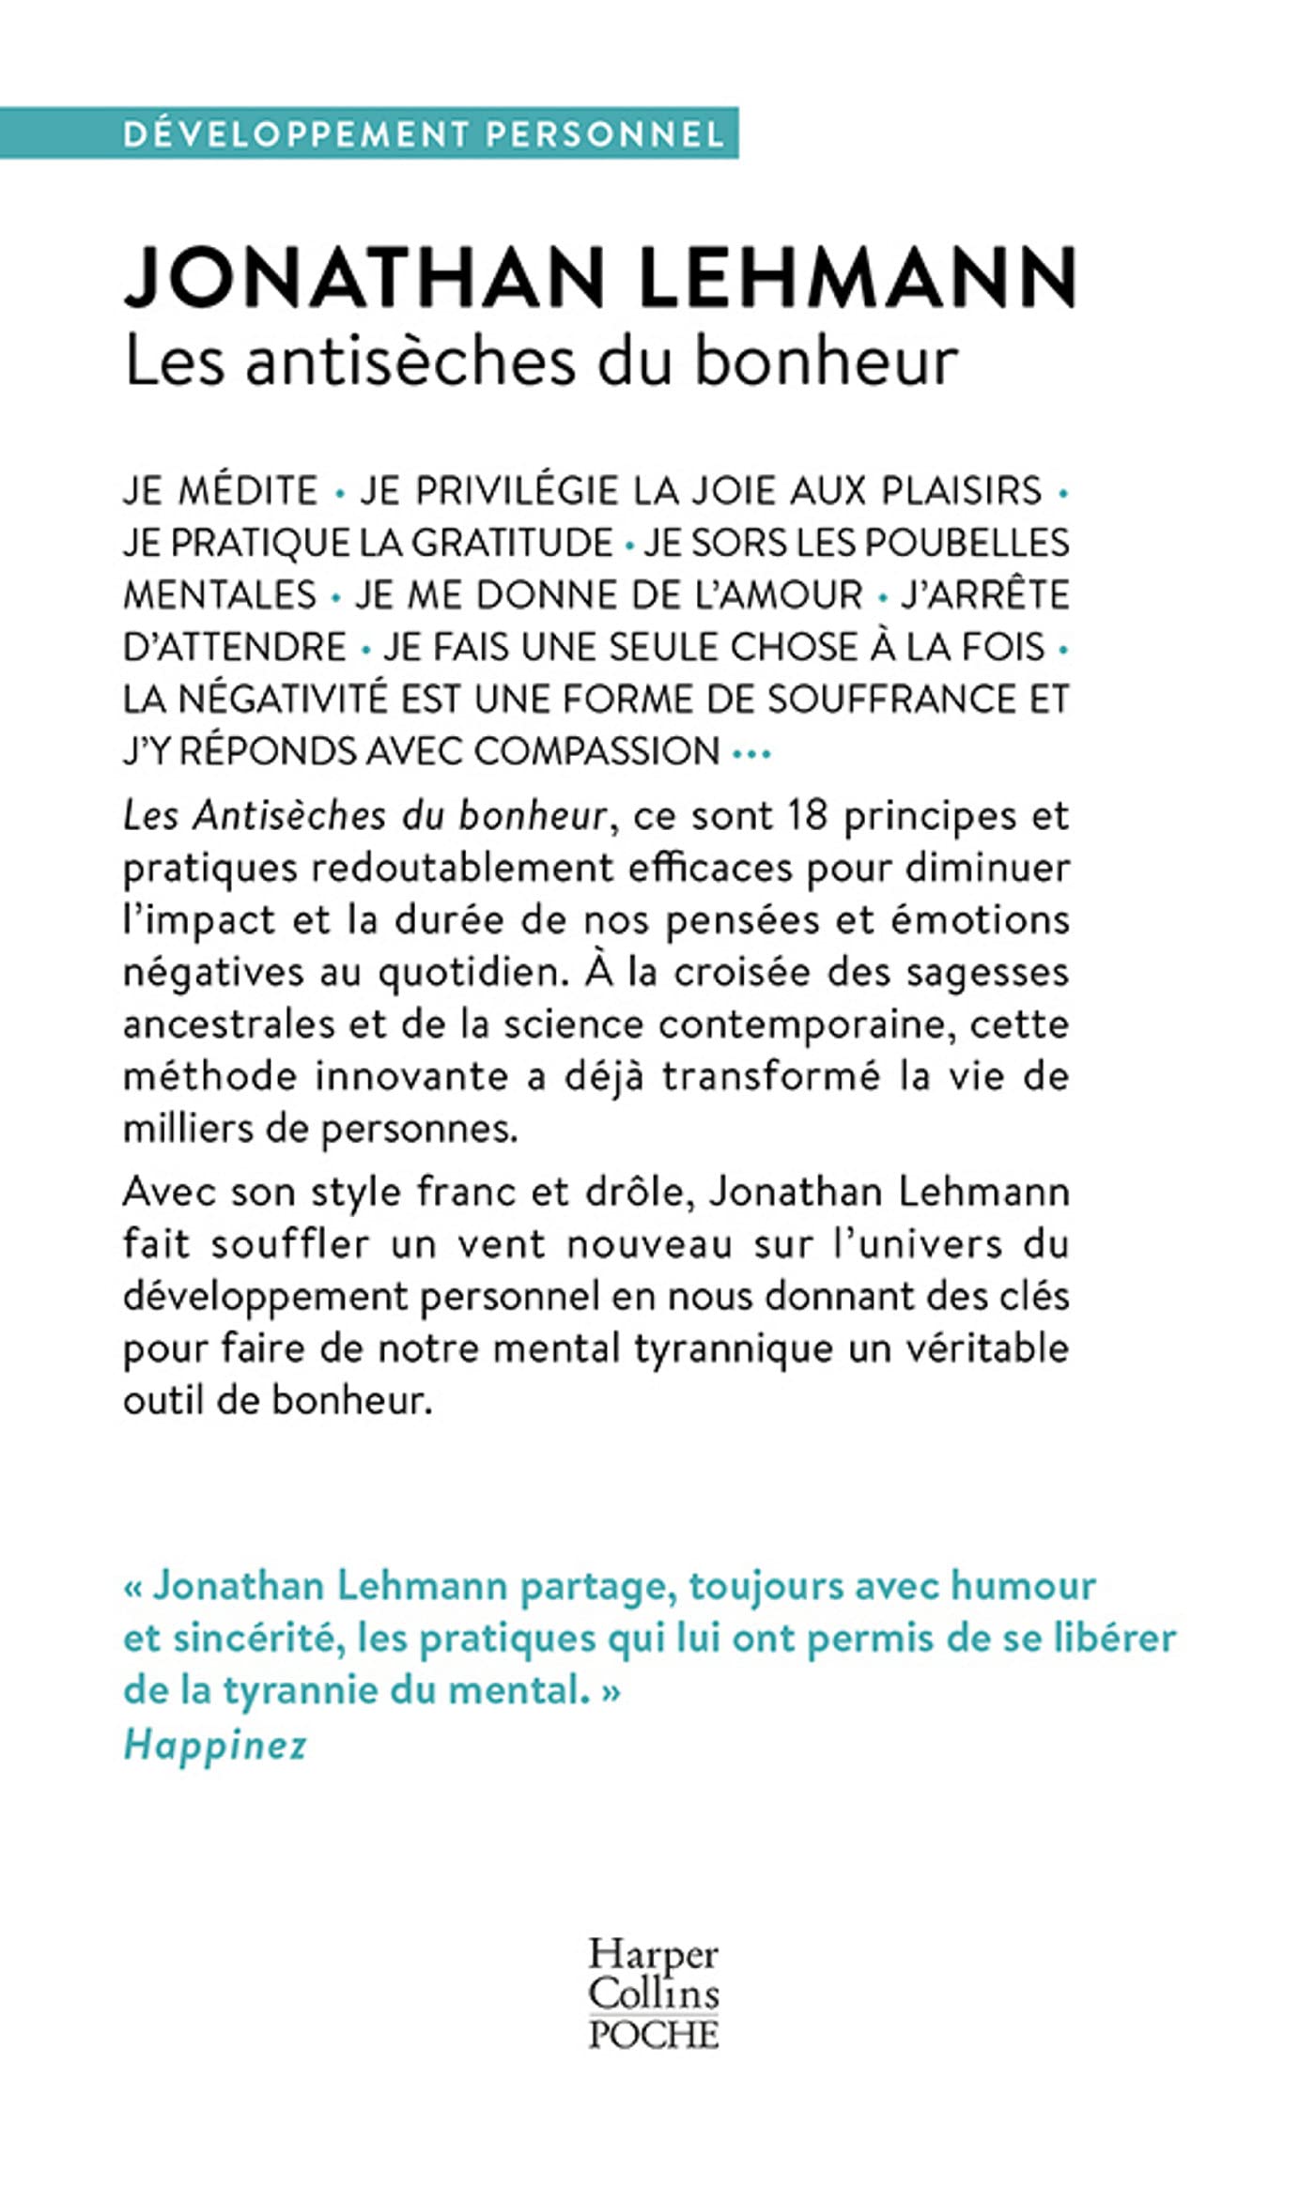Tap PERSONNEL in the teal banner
click(605, 133)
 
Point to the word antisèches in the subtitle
click(410, 362)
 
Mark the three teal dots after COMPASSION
click(750, 753)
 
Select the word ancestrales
click(228, 1024)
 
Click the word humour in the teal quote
click(1023, 1586)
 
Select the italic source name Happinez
click(215, 1745)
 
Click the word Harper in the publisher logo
click(653, 1954)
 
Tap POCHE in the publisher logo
click(654, 2035)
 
